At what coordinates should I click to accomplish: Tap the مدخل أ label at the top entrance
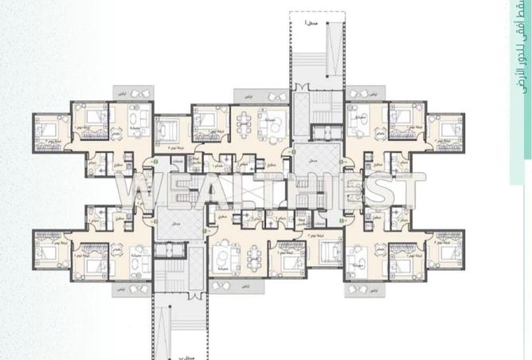pos(309,24)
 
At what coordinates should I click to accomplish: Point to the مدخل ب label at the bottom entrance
pos(180,349)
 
